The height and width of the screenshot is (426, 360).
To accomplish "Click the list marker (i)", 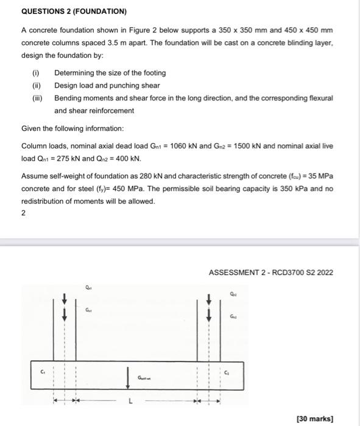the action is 35,73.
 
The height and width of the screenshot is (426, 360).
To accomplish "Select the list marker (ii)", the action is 35,86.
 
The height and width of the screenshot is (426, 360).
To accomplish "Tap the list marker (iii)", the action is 37,98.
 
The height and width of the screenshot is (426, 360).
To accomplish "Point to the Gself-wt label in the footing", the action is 144,377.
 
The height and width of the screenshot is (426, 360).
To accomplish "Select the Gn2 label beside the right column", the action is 233,316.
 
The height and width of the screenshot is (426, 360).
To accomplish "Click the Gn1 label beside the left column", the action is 89,310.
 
